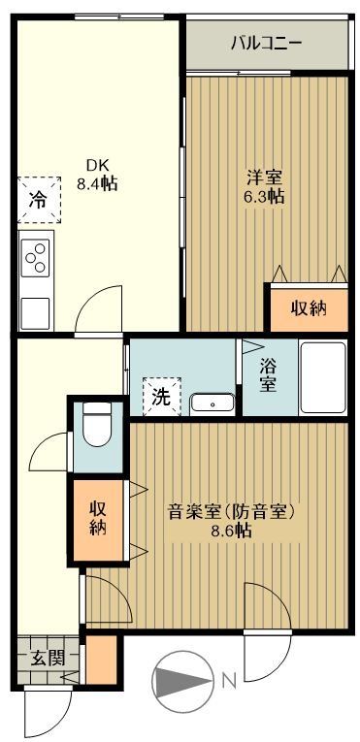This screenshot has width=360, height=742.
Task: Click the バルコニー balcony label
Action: coord(266,44)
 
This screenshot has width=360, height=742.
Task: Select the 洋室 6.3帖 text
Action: coord(264,185)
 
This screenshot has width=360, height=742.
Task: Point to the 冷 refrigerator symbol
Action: coord(37,202)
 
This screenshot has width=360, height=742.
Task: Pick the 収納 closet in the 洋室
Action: coord(306,308)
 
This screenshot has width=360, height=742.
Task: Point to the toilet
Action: coord(97,424)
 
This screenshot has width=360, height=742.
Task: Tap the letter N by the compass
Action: coord(229,681)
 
